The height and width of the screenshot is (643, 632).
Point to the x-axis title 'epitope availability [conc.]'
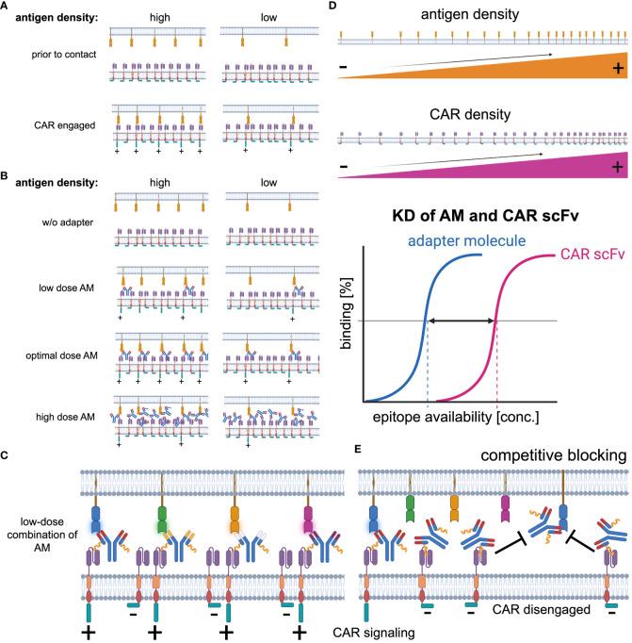pyautogui.click(x=450, y=388)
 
